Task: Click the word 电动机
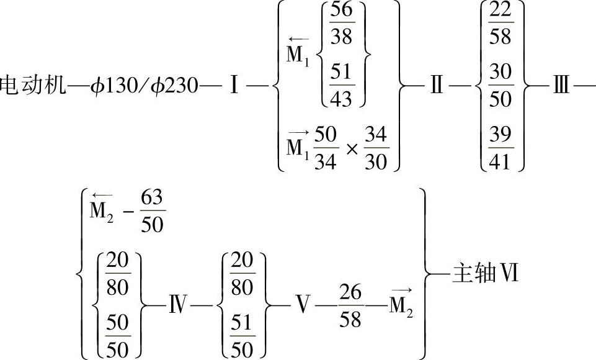(x=32, y=85)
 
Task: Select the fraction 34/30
(x=376, y=149)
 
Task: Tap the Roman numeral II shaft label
(x=437, y=85)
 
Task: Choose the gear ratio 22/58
(x=500, y=25)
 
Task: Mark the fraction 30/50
(x=500, y=85)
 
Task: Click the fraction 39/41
(x=500, y=147)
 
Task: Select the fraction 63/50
(x=152, y=212)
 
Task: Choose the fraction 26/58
(x=352, y=305)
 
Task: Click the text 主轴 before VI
(x=471, y=274)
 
